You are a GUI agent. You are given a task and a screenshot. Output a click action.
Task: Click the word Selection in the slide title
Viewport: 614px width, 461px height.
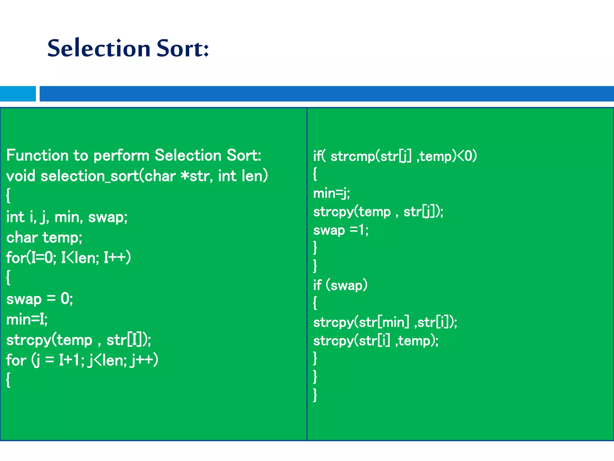99,49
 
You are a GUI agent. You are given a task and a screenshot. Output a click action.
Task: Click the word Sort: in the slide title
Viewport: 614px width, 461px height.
182,49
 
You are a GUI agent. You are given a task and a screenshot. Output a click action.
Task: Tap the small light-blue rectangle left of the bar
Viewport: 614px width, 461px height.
18,94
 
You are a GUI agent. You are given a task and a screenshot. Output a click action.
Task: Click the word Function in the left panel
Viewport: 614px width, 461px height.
37,155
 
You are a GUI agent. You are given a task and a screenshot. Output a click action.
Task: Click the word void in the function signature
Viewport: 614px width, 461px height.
21,176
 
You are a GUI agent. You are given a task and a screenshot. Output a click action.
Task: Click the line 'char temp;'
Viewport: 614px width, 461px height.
44,238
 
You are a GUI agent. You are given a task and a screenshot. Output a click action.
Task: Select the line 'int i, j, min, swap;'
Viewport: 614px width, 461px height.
67,217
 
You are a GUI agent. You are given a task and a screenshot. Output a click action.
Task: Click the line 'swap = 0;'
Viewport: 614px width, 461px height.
40,299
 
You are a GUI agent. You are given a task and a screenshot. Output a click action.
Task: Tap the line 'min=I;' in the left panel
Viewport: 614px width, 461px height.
27,319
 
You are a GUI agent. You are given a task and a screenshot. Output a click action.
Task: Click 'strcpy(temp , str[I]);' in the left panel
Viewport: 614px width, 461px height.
79,340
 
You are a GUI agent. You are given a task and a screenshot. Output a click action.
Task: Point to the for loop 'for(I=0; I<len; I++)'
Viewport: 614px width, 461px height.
68,258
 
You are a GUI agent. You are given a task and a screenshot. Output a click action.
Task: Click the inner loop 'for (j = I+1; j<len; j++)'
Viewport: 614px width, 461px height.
82,360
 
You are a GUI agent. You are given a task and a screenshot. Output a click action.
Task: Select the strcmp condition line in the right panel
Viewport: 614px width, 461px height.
395,156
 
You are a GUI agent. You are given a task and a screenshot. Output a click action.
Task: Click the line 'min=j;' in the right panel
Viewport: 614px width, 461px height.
331,193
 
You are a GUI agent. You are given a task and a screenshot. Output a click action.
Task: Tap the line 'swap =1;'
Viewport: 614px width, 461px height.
341,230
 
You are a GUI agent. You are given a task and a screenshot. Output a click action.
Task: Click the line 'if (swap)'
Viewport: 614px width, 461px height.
340,285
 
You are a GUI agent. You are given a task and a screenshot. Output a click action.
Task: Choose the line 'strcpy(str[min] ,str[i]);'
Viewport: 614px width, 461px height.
385,323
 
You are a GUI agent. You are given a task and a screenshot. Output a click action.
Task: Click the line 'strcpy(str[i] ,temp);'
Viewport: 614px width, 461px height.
376,341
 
